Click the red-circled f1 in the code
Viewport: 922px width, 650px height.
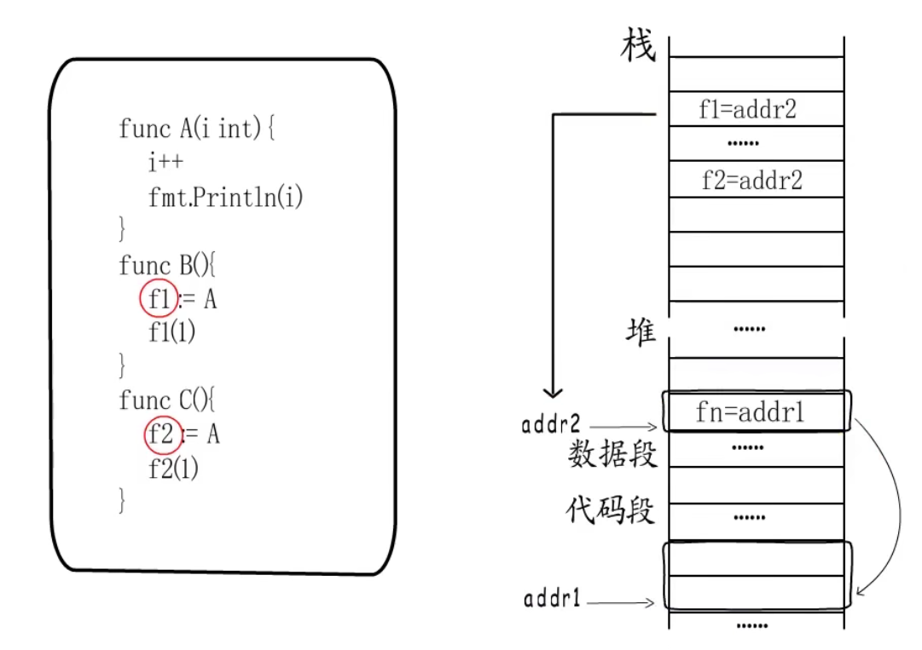158,299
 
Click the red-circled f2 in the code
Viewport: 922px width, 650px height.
162,434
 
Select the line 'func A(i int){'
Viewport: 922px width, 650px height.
197,129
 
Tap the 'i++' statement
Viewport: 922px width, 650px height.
165,164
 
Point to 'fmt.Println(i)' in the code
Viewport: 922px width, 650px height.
226,198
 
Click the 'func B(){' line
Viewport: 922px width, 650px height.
168,266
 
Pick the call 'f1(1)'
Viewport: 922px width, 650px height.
171,333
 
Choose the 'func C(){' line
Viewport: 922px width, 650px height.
169,400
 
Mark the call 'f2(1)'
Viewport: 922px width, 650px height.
173,469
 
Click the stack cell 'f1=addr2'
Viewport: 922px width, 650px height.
747,109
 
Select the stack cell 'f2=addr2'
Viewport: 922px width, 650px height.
751,180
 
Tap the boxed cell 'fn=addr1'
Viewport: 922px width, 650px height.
751,414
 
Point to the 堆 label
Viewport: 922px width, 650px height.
640,331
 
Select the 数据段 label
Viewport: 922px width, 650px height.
612,455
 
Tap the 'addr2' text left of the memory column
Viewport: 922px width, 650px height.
551,423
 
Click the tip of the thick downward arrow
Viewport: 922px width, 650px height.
553,394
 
